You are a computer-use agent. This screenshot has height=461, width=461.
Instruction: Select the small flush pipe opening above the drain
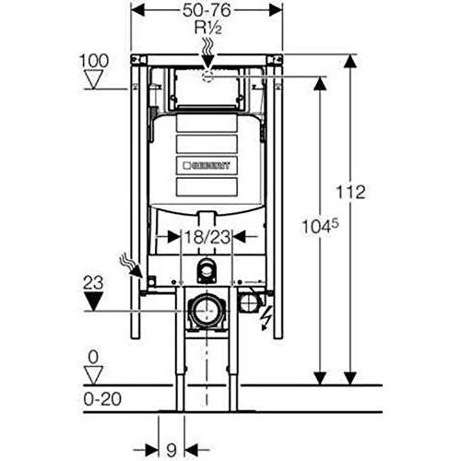(206, 269)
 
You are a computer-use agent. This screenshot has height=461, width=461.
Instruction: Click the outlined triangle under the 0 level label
(93, 373)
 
